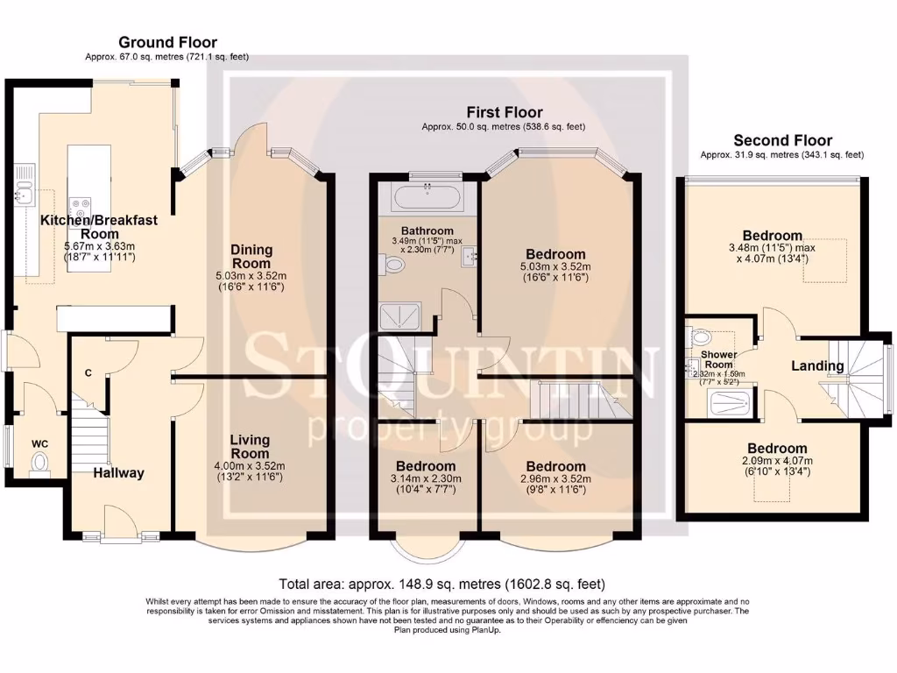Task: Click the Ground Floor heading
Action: [167, 42]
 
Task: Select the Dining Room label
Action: [251, 257]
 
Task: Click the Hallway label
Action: [119, 473]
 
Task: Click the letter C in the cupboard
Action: [88, 373]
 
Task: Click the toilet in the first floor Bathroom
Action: [390, 263]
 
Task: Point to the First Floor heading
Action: [504, 112]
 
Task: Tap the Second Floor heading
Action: [782, 140]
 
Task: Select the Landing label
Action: [818, 365]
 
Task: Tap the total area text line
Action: [441, 584]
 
